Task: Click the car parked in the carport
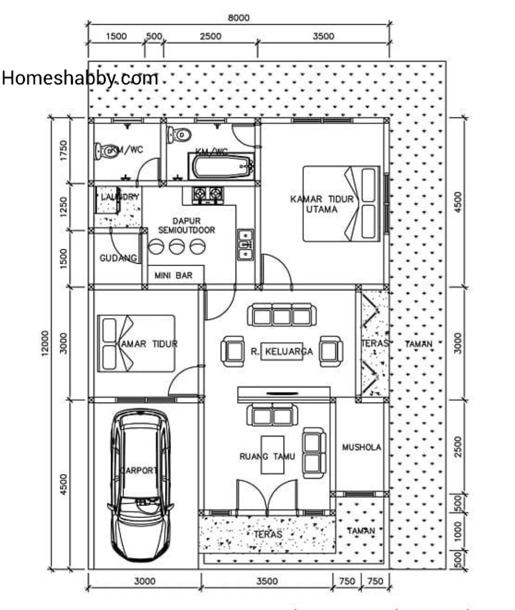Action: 141,484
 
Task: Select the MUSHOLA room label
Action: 361,447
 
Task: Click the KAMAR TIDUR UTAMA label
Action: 322,204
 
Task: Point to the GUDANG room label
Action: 118,258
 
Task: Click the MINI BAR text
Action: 174,275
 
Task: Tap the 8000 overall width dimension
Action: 238,18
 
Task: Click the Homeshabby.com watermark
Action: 80,78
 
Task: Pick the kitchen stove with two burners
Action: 207,194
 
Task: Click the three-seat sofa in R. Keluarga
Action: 281,315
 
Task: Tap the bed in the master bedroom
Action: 341,204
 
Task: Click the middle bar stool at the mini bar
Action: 176,247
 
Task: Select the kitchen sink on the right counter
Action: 246,245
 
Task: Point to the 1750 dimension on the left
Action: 63,150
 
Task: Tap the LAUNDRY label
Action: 120,196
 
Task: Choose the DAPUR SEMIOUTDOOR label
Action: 186,225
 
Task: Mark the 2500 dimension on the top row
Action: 210,36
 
